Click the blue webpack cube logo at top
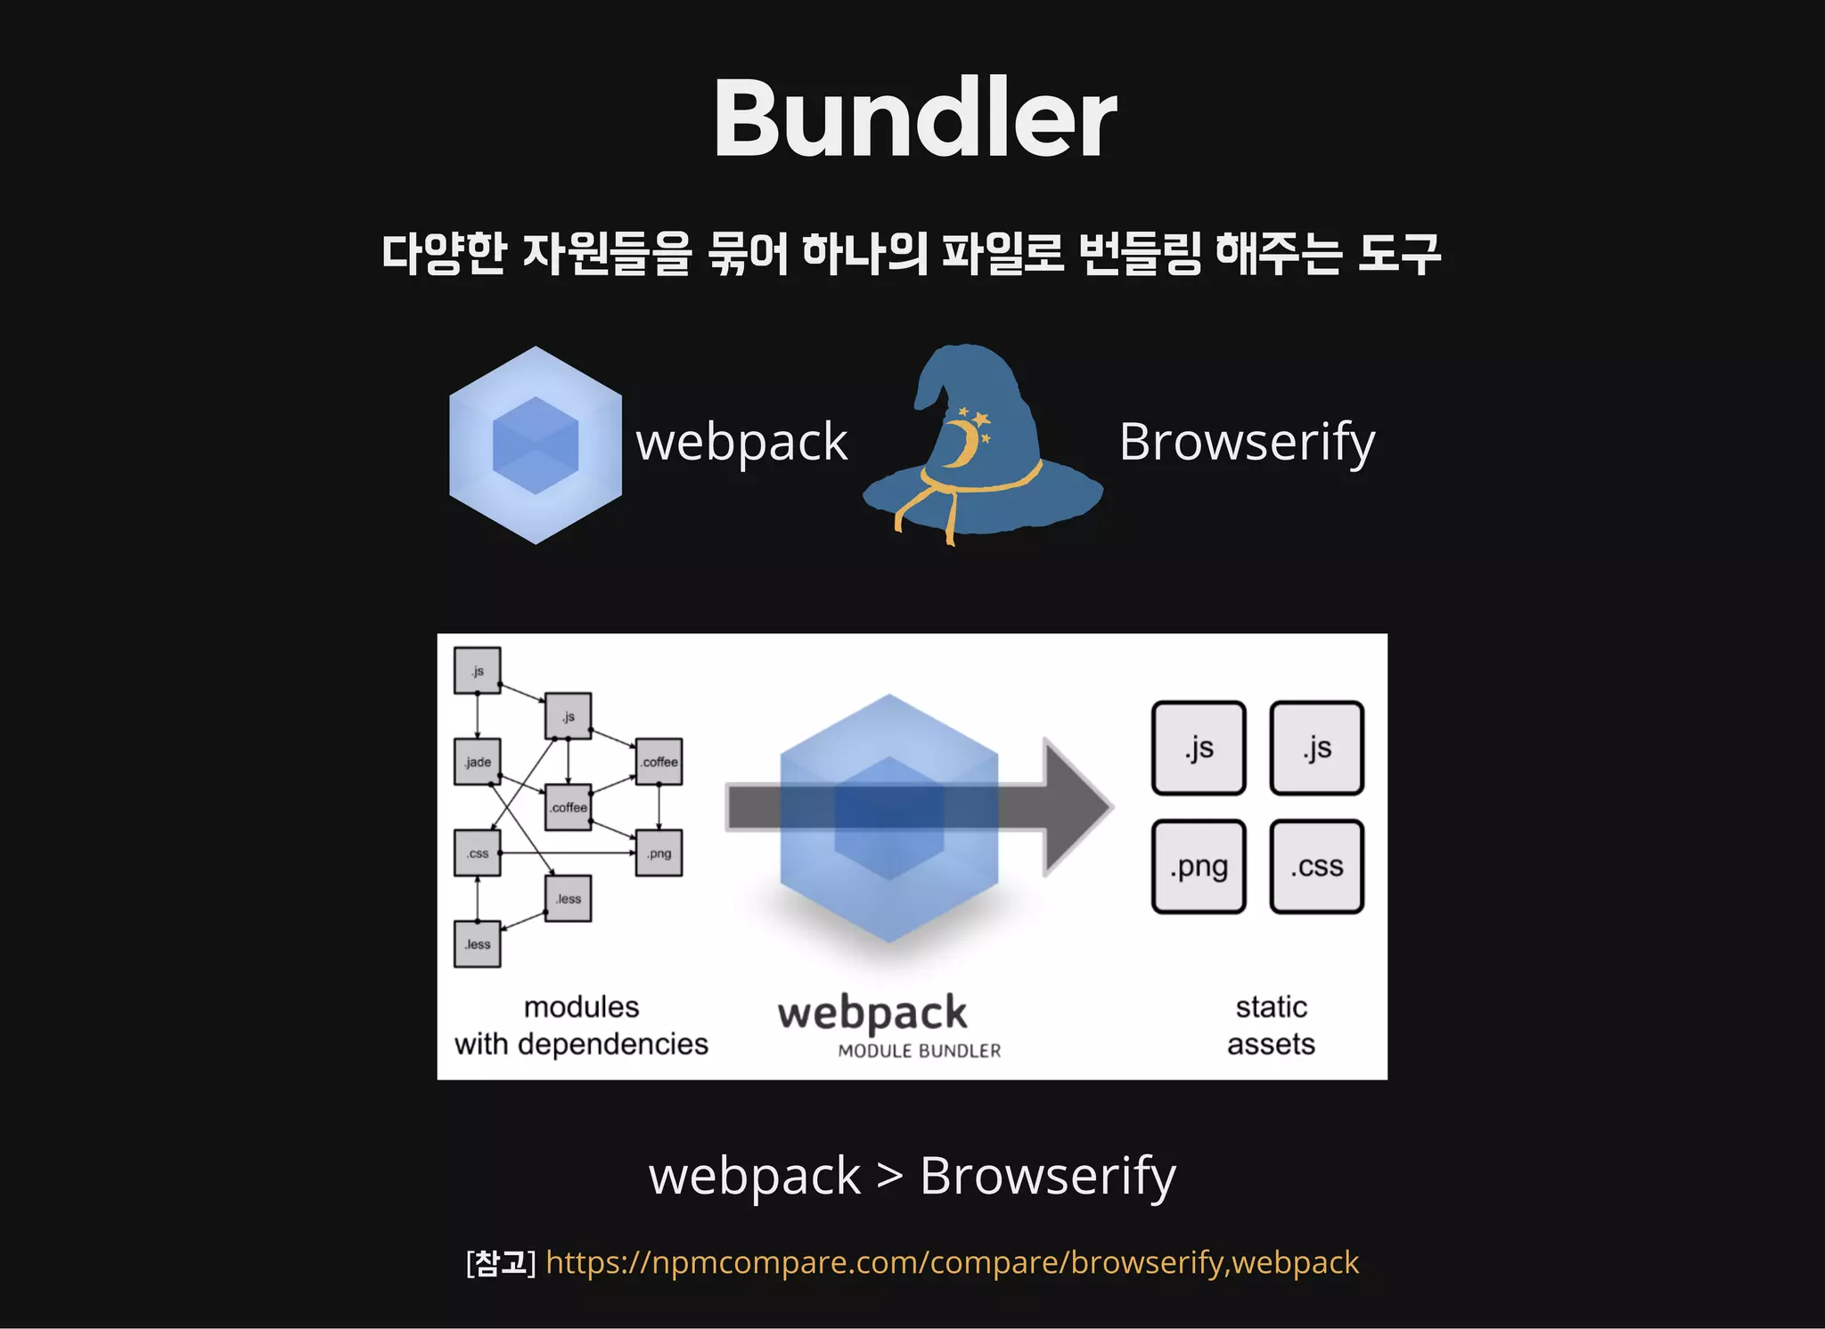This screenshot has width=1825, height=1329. [536, 444]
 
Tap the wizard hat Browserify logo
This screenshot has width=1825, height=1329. [980, 445]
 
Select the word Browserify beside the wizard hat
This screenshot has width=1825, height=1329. [1247, 442]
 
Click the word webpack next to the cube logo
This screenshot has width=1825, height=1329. [741, 442]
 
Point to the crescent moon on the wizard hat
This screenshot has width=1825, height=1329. [961, 444]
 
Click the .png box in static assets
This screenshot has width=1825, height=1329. [1199, 866]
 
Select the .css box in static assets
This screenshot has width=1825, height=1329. [1316, 866]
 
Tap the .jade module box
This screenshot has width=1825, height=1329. [478, 762]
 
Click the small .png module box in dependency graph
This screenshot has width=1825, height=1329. [659, 852]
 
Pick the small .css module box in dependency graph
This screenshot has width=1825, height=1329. [478, 852]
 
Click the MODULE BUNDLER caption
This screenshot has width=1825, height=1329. [919, 1051]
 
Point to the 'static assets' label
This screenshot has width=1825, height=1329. [1271, 1025]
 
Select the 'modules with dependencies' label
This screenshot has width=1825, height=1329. [581, 1025]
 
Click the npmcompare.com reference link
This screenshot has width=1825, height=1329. [952, 1262]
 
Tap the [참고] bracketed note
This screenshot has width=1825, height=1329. [501, 1262]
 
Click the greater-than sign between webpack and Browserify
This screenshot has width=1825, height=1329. [889, 1177]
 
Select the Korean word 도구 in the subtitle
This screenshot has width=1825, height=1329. [1399, 254]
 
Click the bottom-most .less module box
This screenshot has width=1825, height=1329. [478, 944]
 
